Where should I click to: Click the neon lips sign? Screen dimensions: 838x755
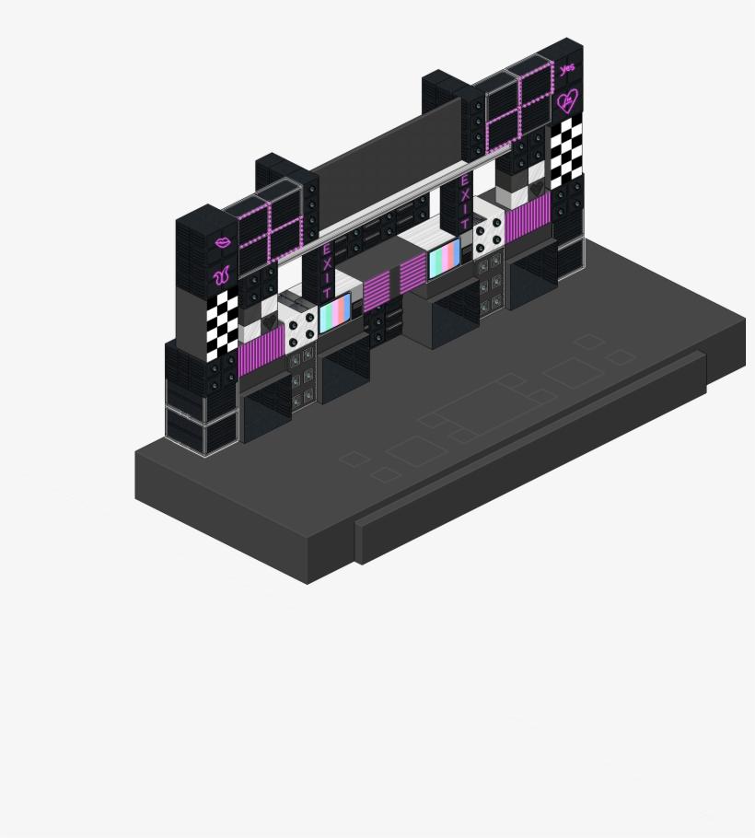(x=223, y=242)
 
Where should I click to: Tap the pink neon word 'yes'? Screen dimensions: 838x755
(x=566, y=69)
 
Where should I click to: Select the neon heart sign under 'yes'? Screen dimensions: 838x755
(x=567, y=100)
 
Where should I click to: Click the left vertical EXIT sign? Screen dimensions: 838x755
(x=327, y=272)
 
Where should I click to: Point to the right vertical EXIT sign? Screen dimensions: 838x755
(x=465, y=202)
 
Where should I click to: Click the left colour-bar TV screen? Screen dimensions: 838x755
(x=335, y=312)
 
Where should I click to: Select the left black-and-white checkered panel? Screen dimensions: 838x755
(x=222, y=323)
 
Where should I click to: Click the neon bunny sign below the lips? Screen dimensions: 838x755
(x=222, y=274)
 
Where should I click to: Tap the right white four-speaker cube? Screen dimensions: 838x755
(x=488, y=235)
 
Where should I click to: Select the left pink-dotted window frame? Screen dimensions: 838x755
(x=269, y=229)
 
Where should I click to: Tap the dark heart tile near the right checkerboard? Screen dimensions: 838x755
(x=539, y=193)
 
